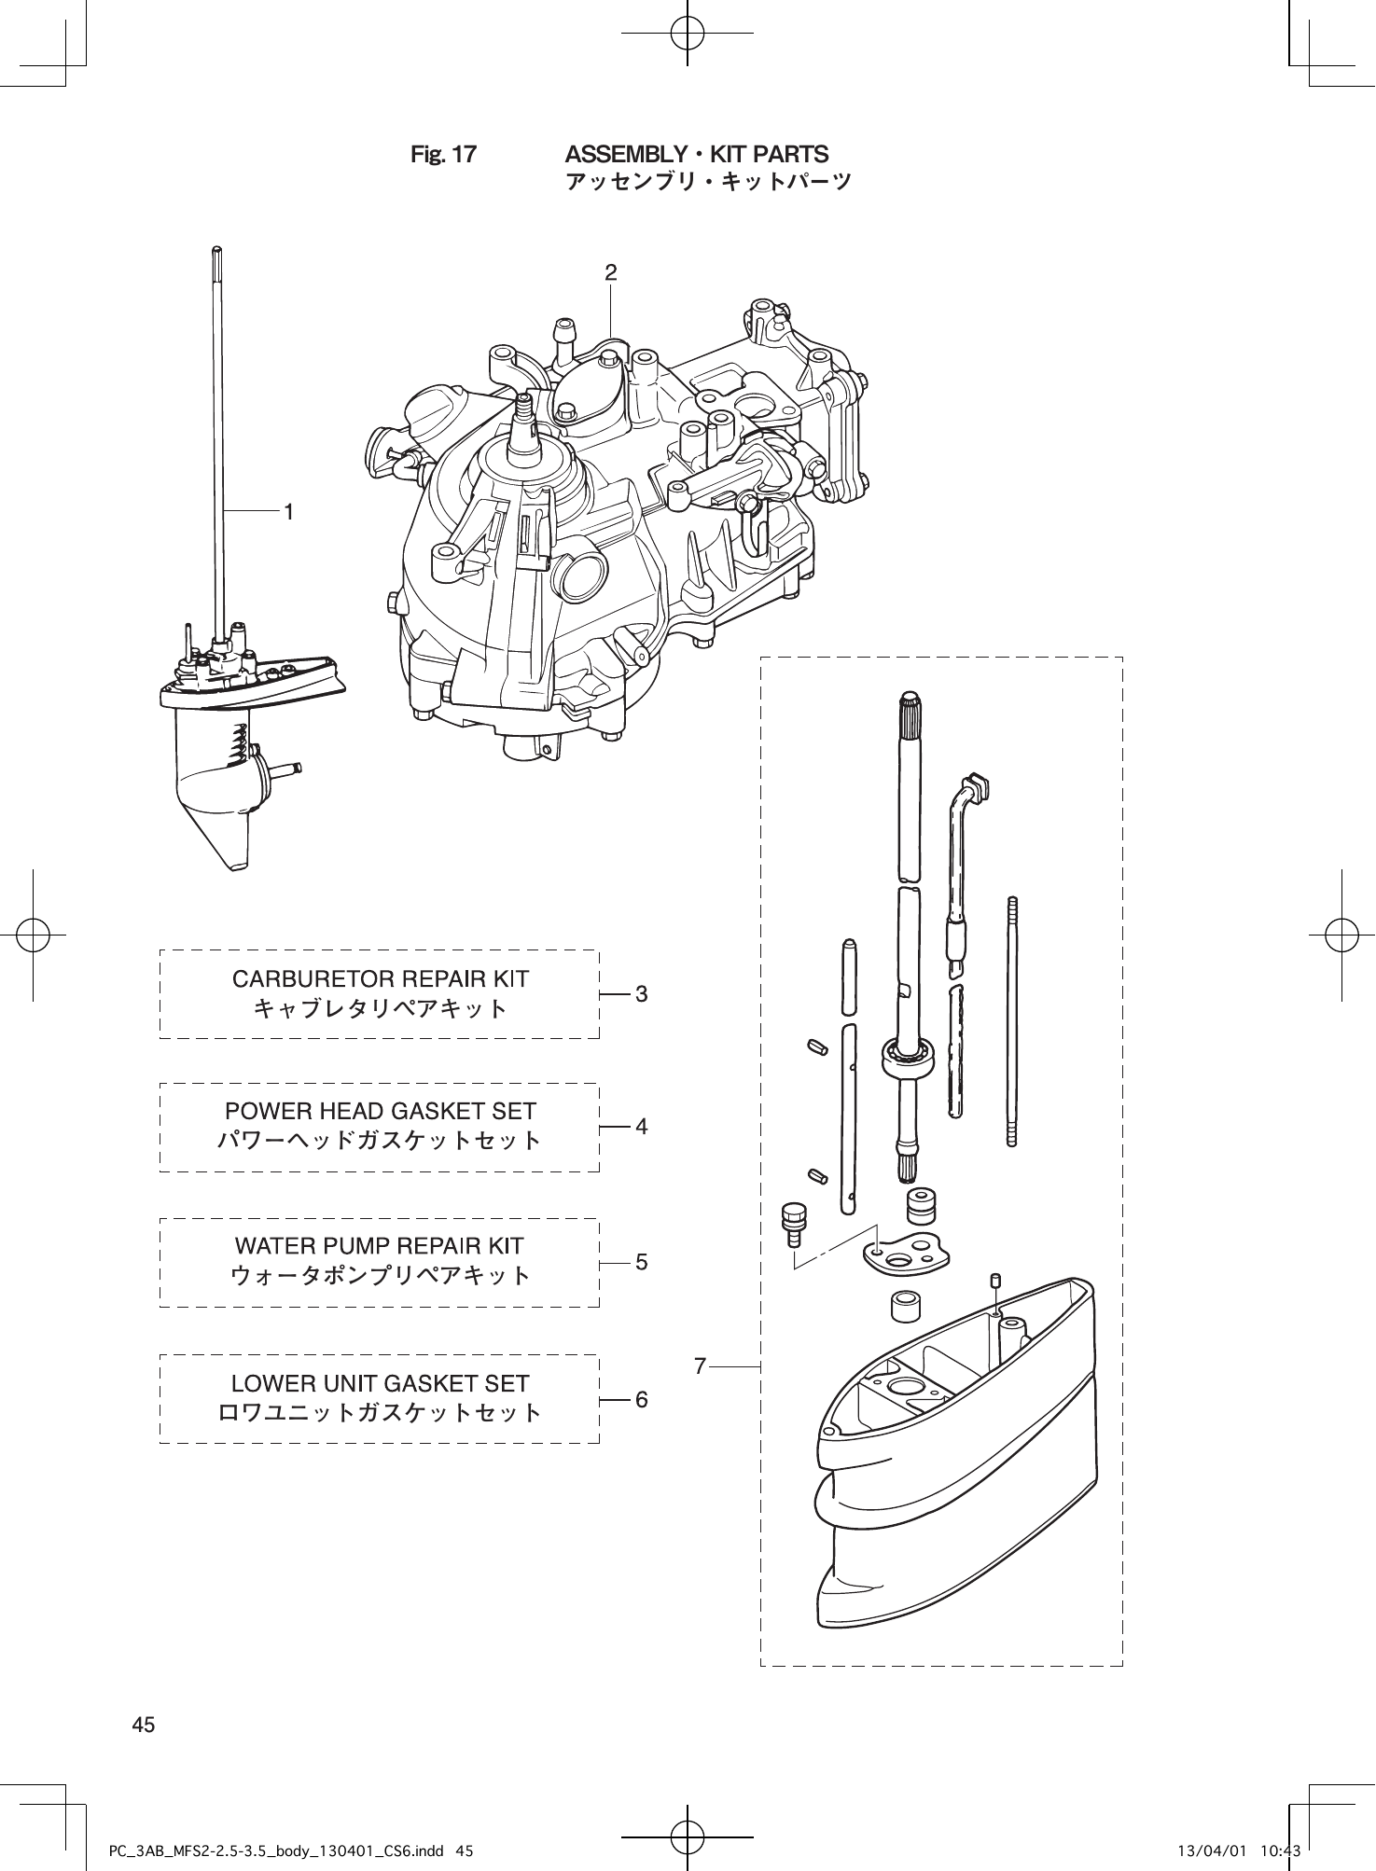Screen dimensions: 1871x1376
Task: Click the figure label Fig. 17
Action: [x=443, y=155]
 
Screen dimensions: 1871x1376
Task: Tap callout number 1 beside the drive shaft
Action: [x=289, y=511]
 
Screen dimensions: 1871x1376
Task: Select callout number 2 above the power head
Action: [x=610, y=272]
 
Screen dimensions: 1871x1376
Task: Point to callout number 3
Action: [x=641, y=994]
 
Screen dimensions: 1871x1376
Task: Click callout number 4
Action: [x=641, y=1127]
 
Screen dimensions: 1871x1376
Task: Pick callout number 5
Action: [x=641, y=1262]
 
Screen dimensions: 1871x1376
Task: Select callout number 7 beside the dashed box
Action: [x=701, y=1366]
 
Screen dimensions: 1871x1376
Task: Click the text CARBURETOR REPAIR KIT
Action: [x=380, y=979]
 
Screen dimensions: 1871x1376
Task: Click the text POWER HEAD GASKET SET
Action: [x=380, y=1112]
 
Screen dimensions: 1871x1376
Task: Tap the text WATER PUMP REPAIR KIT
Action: [x=380, y=1246]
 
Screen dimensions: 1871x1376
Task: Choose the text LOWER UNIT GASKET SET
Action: [x=380, y=1383]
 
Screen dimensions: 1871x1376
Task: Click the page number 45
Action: [x=144, y=1725]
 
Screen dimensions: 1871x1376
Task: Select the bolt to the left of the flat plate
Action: [x=794, y=1223]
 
